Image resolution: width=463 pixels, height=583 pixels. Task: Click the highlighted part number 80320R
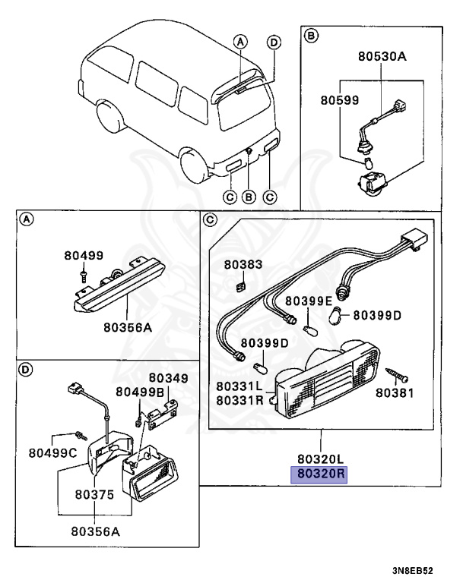point(321,475)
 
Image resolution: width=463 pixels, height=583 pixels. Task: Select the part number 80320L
point(321,459)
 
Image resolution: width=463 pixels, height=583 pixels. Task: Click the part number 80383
point(243,265)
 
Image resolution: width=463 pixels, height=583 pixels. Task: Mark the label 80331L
point(238,386)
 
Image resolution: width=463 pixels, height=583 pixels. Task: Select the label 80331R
point(238,399)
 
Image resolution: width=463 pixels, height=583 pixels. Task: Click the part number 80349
point(168,378)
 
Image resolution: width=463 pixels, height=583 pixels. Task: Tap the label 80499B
point(140,392)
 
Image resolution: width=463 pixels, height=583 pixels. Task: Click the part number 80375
point(94,494)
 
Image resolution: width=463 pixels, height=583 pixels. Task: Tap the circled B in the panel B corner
point(310,36)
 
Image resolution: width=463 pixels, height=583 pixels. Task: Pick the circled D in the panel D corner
point(25,370)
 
